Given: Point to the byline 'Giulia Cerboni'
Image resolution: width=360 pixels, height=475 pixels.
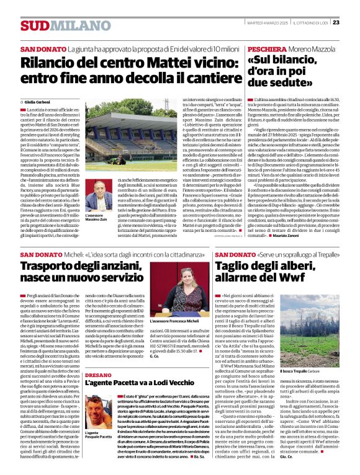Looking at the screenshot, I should (x=37, y=102).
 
